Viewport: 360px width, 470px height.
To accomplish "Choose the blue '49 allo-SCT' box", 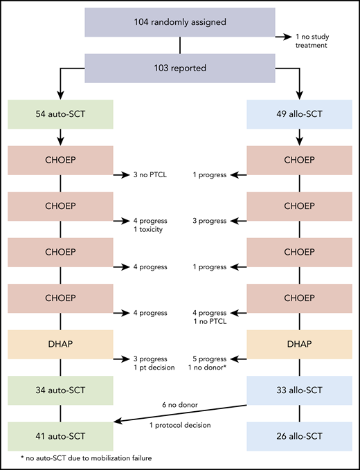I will tap(299, 113).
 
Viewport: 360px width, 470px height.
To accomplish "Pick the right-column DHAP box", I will tap(299, 344).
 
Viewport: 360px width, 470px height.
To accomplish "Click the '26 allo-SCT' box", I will tap(299, 437).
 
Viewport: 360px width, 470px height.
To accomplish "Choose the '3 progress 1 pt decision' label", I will tap(150, 364).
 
